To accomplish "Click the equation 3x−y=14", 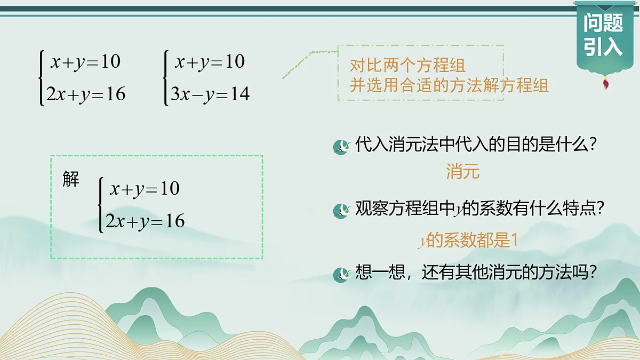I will tap(210, 94).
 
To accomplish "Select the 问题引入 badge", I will tap(603, 35).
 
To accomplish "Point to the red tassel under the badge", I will tap(606, 83).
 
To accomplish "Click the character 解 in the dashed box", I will tap(71, 180).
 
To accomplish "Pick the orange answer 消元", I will tap(463, 172).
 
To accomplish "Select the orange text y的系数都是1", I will tap(468, 241).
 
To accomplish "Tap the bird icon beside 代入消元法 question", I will tap(340, 146).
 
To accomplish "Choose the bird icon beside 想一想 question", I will tap(340, 274).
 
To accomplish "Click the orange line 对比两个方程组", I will tap(407, 66).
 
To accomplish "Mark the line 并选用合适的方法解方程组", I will tap(449, 85).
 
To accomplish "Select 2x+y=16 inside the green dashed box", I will tap(145, 221).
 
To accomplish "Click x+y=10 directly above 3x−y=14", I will tap(210, 62).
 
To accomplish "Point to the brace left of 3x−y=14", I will tap(166, 78).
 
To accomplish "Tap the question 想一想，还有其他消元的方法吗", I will tap(475, 273).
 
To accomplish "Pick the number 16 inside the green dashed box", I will tap(174, 221).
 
